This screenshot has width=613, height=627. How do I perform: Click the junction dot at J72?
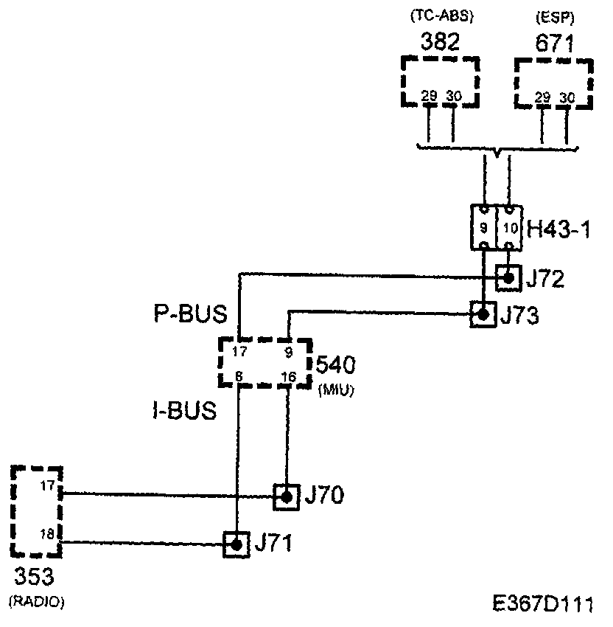click(x=507, y=278)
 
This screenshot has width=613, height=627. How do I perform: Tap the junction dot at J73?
click(x=483, y=315)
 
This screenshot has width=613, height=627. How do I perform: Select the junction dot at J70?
click(x=286, y=496)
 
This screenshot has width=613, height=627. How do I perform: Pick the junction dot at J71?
click(x=237, y=545)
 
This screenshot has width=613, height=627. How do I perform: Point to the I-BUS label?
click(x=181, y=410)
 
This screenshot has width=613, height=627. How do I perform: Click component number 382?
click(x=440, y=42)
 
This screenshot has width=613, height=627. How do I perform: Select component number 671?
click(x=554, y=44)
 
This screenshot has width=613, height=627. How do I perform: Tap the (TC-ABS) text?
click(x=440, y=16)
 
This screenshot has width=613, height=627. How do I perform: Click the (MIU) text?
click(x=335, y=391)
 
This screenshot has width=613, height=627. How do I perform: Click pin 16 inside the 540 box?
click(x=287, y=378)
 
